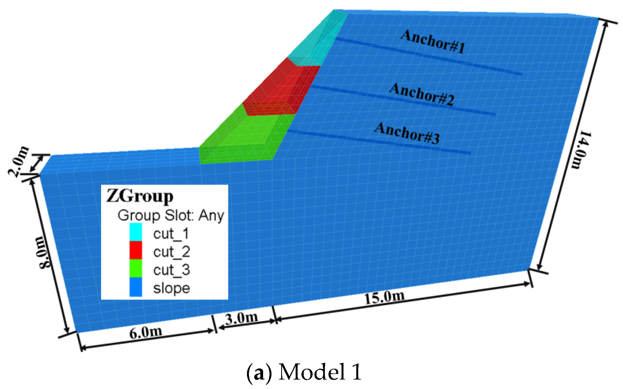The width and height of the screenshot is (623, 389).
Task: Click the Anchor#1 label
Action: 433,41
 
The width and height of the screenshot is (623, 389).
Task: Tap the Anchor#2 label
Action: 422,94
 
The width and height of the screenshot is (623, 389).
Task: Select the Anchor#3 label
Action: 407,133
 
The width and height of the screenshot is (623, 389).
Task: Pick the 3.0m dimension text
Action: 241,318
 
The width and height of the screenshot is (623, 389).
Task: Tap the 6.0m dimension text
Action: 145,332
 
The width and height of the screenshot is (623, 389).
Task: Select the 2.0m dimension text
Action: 18,161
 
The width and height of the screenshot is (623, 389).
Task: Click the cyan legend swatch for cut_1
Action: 136,232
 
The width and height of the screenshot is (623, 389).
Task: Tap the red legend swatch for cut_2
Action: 136,250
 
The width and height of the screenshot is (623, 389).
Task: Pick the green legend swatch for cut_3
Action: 136,268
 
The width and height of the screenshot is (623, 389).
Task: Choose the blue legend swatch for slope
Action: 136,287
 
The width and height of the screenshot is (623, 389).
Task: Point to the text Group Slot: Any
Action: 171,215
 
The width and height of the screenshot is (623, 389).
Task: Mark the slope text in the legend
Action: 172,288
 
